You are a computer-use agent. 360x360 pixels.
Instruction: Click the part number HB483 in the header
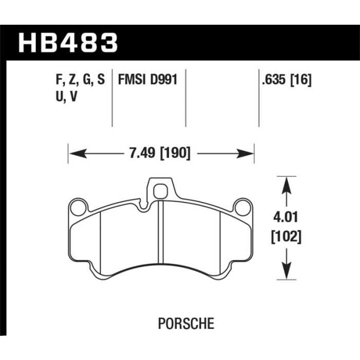(x=68, y=43)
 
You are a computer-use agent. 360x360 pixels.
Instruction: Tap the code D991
(x=164, y=80)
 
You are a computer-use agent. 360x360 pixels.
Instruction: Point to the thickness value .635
(x=274, y=80)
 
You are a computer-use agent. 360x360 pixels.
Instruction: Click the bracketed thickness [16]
(x=301, y=80)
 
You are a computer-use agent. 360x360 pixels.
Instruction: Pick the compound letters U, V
(x=66, y=97)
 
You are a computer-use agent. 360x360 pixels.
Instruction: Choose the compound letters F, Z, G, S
(x=80, y=80)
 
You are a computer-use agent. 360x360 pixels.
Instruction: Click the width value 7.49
(x=142, y=153)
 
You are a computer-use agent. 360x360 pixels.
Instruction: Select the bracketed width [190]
(x=175, y=153)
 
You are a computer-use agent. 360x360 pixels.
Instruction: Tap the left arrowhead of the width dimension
(x=78, y=153)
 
